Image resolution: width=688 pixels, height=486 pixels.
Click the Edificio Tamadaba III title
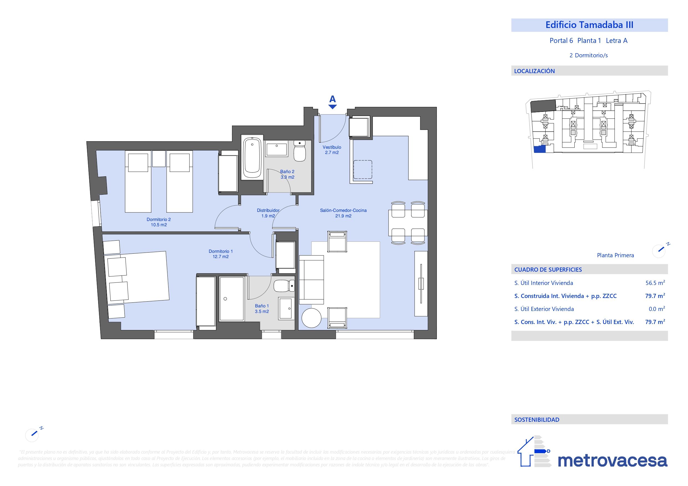pyautogui.click(x=589, y=25)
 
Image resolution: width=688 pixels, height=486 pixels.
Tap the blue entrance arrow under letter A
pyautogui.click(x=332, y=107)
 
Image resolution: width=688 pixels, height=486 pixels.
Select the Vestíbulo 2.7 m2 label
pyautogui.click(x=332, y=150)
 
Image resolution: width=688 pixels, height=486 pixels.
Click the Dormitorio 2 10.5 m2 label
pyautogui.click(x=159, y=222)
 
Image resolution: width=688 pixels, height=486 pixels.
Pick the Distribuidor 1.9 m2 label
pyautogui.click(x=268, y=213)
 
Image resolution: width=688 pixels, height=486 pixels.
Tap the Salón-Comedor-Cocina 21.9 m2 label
pyautogui.click(x=343, y=213)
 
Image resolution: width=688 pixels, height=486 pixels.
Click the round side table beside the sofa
pyautogui.click(x=311, y=318)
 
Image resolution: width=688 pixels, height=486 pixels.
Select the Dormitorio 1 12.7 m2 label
pyautogui.click(x=221, y=254)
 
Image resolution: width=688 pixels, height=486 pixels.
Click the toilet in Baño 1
pyautogui.click(x=284, y=286)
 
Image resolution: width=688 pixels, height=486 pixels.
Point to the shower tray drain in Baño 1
pyautogui.click(x=225, y=299)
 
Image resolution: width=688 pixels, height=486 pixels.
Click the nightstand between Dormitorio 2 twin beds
pyautogui.click(x=159, y=159)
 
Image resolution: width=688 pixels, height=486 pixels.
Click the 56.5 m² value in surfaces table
pyautogui.click(x=655, y=283)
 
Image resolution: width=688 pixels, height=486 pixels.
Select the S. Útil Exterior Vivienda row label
pyautogui.click(x=544, y=309)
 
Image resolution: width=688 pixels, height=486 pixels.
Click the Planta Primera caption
pyautogui.click(x=615, y=255)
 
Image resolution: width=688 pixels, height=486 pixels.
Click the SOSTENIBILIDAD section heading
pyautogui.click(x=537, y=420)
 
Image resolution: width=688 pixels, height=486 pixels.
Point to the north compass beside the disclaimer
pyautogui.click(x=32, y=434)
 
